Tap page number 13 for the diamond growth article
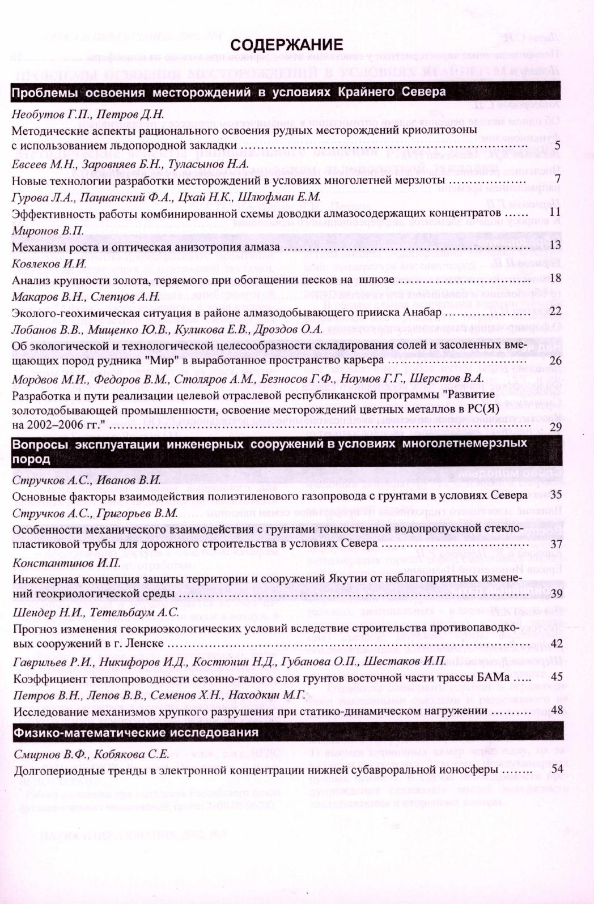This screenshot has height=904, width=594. (555, 245)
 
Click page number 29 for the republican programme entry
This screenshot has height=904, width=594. (555, 425)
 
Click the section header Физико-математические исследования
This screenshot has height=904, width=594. (136, 732)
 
